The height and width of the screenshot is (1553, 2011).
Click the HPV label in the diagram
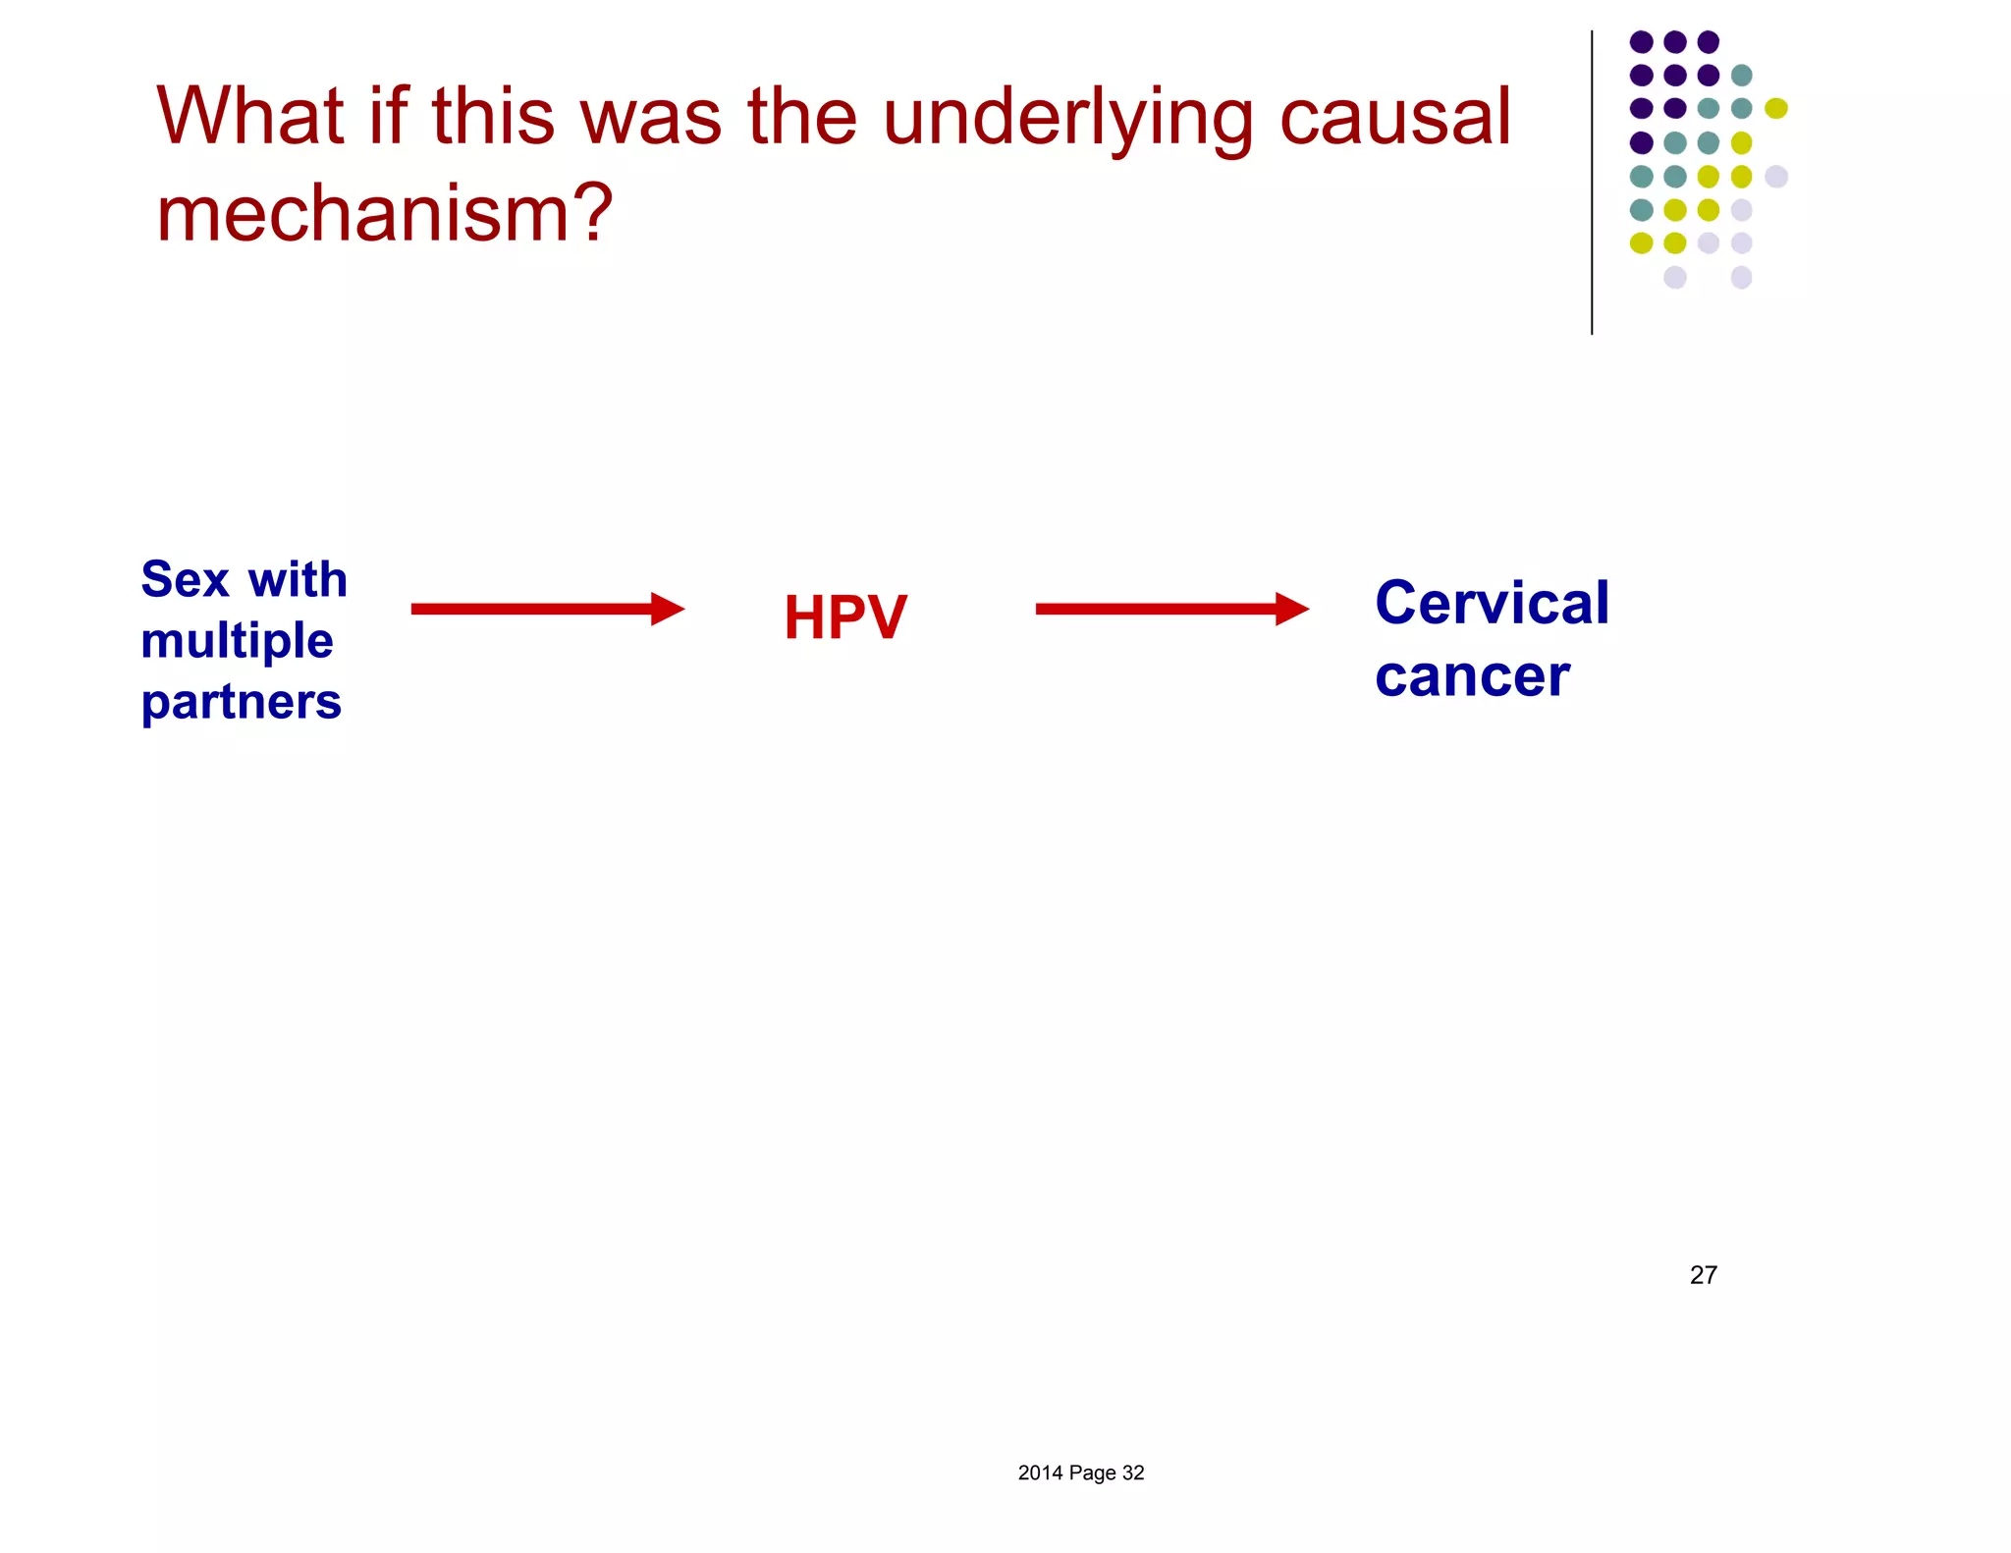coord(844,617)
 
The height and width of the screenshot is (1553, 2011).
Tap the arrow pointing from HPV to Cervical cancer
coord(1159,609)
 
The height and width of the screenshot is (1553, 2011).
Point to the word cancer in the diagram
coord(1472,676)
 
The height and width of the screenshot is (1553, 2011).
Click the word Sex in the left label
coord(185,579)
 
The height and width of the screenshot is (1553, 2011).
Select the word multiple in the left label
coord(237,642)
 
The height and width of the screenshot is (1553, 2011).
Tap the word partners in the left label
coord(241,703)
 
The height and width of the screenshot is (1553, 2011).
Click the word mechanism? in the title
coord(384,213)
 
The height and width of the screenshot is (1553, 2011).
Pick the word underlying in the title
coord(1067,118)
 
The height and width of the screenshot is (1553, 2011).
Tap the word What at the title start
coord(249,116)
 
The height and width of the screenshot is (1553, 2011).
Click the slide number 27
coord(1703,1274)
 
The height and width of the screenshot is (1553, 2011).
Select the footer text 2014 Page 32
coord(1080,1473)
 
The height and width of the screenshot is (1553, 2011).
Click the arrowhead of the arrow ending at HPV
coord(668,609)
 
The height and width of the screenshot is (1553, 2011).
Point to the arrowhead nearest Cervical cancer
coord(1292,609)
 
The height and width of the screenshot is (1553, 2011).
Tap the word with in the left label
coord(298,579)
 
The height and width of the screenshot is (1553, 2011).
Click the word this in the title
coord(493,116)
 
